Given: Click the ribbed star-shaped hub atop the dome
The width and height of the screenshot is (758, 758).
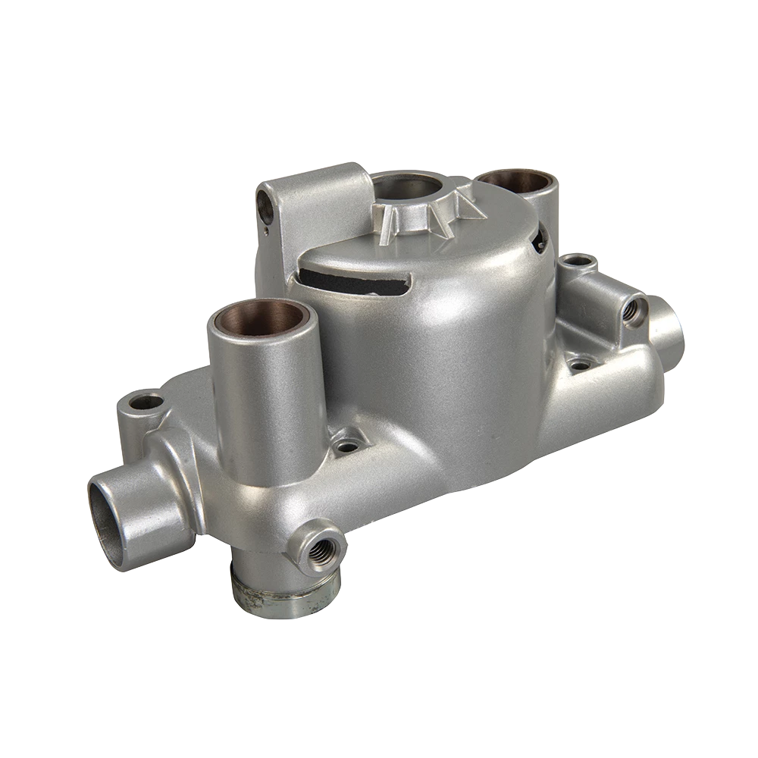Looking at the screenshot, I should pos(424,215).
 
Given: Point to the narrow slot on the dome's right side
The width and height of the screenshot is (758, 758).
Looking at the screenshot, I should pos(540,236).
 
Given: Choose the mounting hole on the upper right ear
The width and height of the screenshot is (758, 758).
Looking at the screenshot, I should pos(579,262).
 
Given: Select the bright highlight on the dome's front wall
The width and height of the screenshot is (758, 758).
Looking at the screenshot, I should pos(455,318).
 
